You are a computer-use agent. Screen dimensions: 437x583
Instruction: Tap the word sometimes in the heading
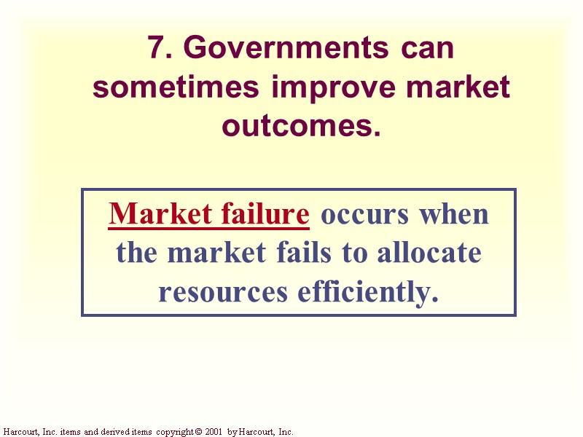pos(176,87)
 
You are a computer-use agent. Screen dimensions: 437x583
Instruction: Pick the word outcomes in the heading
pos(301,126)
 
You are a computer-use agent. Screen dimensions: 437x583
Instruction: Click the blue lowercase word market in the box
pos(216,253)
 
